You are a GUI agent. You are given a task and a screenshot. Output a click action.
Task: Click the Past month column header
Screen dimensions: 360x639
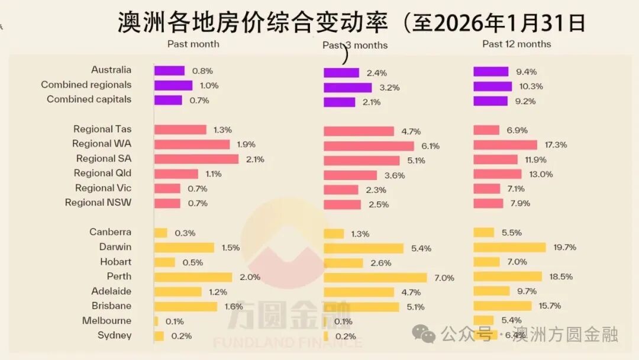tap(193, 44)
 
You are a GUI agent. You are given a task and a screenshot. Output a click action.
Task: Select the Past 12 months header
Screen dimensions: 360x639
tap(517, 44)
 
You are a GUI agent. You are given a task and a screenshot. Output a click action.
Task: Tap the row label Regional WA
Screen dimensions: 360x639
tap(102, 144)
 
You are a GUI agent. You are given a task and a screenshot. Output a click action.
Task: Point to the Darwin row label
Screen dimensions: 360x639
tap(115, 247)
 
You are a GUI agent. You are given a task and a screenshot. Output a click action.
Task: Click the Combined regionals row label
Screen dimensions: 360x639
tap(86, 85)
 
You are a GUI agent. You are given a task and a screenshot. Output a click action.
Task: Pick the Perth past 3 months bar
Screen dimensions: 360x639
tap(375, 278)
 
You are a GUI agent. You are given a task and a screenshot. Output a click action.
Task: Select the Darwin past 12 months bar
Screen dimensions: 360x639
tap(509, 247)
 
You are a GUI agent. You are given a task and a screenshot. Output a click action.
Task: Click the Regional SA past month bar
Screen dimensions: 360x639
tap(196, 159)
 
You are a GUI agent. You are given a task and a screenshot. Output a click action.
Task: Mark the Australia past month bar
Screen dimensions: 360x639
tap(170, 70)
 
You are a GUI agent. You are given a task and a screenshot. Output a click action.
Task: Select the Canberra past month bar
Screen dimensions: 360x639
tap(161, 233)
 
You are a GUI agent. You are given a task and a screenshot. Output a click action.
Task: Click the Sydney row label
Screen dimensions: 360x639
tap(115, 336)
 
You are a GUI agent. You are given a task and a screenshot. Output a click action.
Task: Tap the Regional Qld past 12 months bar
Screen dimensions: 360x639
tap(498, 174)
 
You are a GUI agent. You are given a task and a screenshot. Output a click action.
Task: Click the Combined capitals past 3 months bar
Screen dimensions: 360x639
tap(340, 102)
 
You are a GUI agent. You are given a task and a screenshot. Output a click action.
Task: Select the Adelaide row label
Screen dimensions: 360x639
tap(111, 291)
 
